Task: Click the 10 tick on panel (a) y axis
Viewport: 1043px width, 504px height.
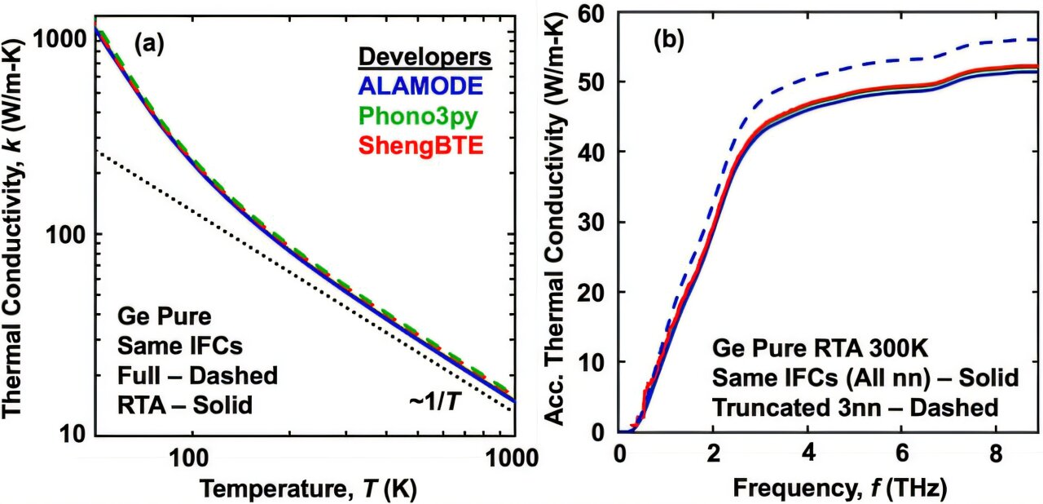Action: pos(64,432)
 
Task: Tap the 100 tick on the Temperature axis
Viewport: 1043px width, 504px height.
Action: pos(191,457)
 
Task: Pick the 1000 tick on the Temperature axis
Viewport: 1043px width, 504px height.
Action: pos(511,457)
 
